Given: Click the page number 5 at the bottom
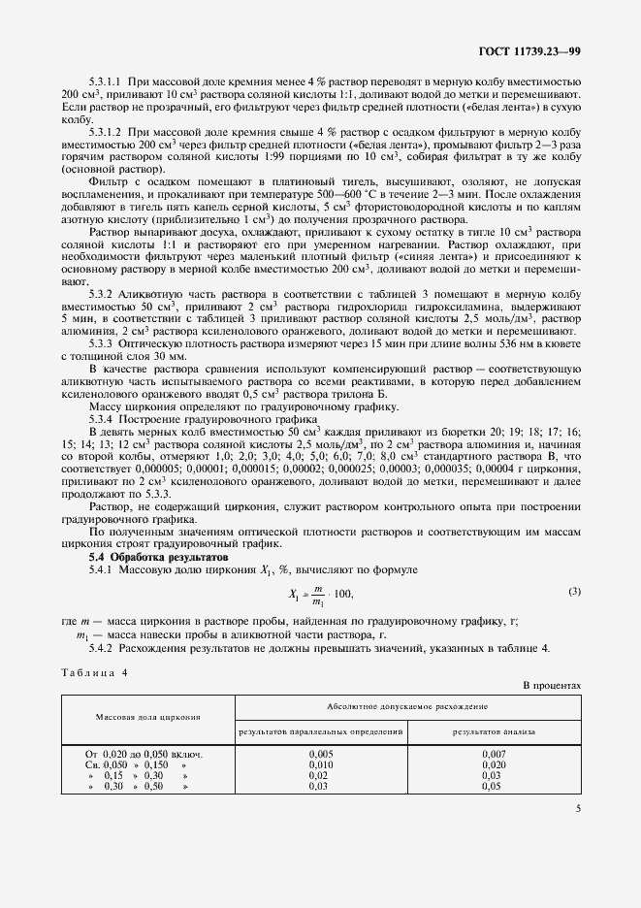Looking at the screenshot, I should tap(578, 807).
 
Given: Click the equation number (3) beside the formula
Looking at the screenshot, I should tap(574, 591).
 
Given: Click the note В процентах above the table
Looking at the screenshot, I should tap(552, 686).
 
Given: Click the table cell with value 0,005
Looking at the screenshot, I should tap(320, 753).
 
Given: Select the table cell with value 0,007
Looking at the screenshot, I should tap(494, 753).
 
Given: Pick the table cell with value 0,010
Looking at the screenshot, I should tap(320, 764).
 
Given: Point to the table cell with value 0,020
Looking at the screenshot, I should tap(494, 764).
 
